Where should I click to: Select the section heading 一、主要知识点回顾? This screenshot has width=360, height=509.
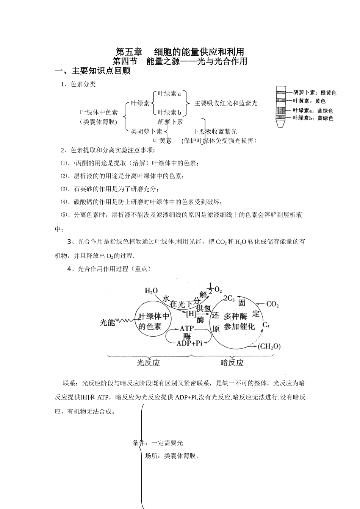point(92,71)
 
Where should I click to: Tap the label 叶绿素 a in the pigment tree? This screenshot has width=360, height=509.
point(169,93)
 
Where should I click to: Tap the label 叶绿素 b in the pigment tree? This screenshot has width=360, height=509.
point(169,112)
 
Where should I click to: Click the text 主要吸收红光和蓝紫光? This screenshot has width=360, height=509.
point(226,103)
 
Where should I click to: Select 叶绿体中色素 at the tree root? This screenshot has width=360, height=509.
point(99,112)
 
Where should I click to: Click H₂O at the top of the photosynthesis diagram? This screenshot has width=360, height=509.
point(151,291)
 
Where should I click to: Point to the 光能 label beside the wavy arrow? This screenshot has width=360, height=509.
point(107,323)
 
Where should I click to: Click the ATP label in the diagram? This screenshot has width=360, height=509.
point(187,328)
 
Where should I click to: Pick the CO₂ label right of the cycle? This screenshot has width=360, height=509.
point(272,304)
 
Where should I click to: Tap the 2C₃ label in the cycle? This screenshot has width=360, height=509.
point(229,298)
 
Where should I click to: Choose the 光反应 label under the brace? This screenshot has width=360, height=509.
point(148,363)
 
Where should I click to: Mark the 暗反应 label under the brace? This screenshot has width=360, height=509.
point(232,363)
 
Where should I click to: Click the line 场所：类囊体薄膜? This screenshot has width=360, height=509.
point(172,456)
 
